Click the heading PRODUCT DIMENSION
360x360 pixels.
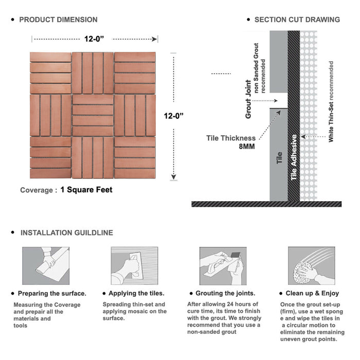(x=58, y=20)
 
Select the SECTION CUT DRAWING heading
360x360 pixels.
(x=297, y=20)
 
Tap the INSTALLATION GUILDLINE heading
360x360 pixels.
(x=67, y=233)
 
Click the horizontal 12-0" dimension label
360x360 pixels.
(x=94, y=39)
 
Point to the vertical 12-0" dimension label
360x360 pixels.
(x=174, y=116)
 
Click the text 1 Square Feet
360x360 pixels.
(x=86, y=190)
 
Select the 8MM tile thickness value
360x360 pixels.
(x=247, y=147)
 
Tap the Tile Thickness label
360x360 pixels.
(x=231, y=138)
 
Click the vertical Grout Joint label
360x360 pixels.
(x=248, y=99)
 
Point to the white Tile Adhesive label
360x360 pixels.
(x=294, y=157)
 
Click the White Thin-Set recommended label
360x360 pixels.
(x=331, y=101)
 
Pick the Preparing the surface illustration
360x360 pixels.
(x=46, y=266)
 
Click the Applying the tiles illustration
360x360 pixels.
(x=135, y=266)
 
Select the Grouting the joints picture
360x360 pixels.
(x=223, y=266)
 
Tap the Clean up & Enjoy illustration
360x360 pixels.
(x=312, y=266)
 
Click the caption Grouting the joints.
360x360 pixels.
(x=225, y=293)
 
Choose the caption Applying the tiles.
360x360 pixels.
(x=136, y=293)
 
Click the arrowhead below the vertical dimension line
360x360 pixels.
(x=174, y=177)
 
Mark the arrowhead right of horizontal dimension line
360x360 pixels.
(x=154, y=39)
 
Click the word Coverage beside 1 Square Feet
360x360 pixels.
(x=37, y=190)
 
